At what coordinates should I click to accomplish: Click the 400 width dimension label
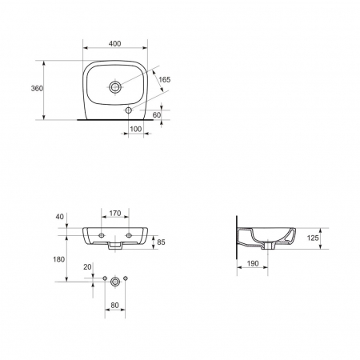click(x=115, y=43)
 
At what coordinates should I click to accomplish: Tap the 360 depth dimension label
click(x=37, y=89)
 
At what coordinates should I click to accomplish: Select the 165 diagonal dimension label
click(x=165, y=80)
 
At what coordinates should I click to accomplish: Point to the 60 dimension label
click(x=157, y=115)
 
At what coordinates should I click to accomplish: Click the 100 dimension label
click(x=136, y=129)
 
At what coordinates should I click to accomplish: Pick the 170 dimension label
click(x=115, y=214)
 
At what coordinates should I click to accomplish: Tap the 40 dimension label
click(x=60, y=217)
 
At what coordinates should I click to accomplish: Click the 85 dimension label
click(x=161, y=242)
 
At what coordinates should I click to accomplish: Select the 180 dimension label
click(x=59, y=259)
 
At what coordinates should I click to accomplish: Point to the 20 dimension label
click(x=87, y=267)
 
